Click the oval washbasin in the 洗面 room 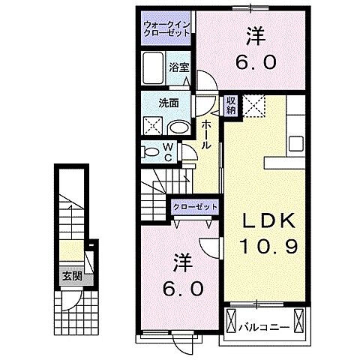tap(178, 127)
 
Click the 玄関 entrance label tap(72, 275)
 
